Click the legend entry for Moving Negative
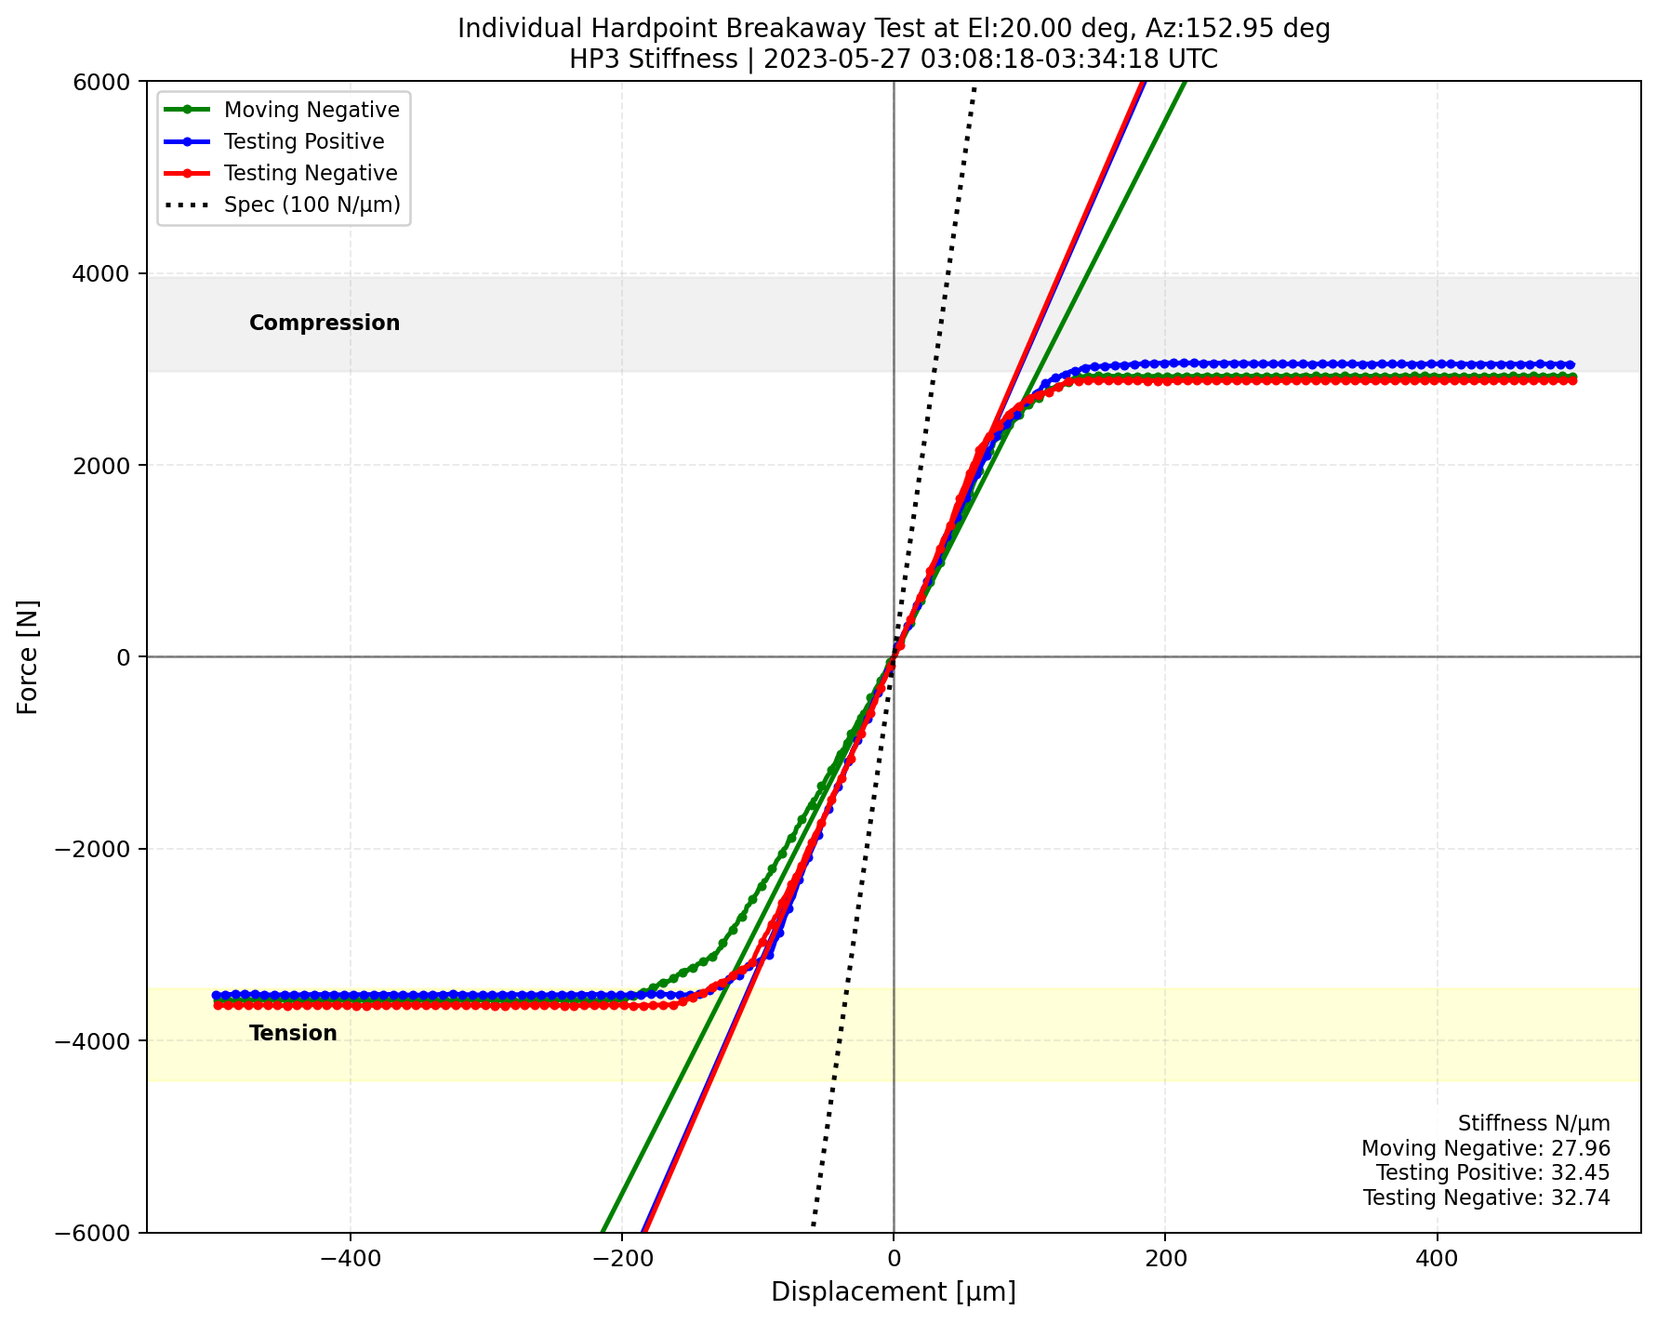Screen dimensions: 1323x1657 [312, 110]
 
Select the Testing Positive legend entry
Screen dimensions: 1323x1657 [304, 141]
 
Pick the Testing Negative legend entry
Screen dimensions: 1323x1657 [311, 173]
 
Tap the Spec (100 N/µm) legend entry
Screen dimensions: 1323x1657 [312, 205]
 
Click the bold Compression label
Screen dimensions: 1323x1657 [325, 323]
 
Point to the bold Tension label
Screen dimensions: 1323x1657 [293, 1033]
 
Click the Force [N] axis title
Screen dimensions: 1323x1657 [29, 656]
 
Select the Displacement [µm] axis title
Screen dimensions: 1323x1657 [893, 1292]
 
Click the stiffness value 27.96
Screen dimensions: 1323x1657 [1586, 1149]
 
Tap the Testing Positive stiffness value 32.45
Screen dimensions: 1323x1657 [1586, 1173]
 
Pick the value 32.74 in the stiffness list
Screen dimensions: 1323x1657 [1586, 1197]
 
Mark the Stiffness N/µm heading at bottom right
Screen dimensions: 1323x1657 [1533, 1124]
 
